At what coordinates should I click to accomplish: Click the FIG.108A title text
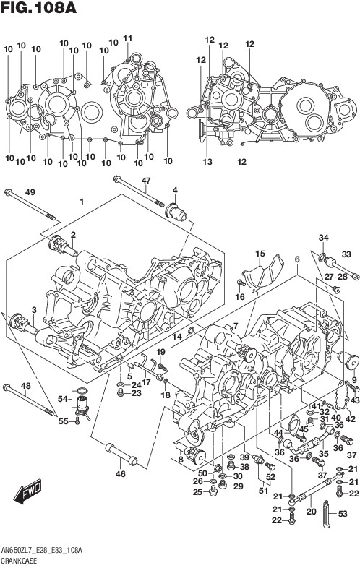click(38, 8)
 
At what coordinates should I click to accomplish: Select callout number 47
click(146, 181)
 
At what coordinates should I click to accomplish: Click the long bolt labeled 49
click(30, 205)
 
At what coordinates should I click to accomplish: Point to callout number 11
click(128, 38)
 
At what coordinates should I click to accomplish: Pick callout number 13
click(207, 162)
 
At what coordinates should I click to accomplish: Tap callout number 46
click(121, 473)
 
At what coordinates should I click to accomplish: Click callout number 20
click(311, 511)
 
